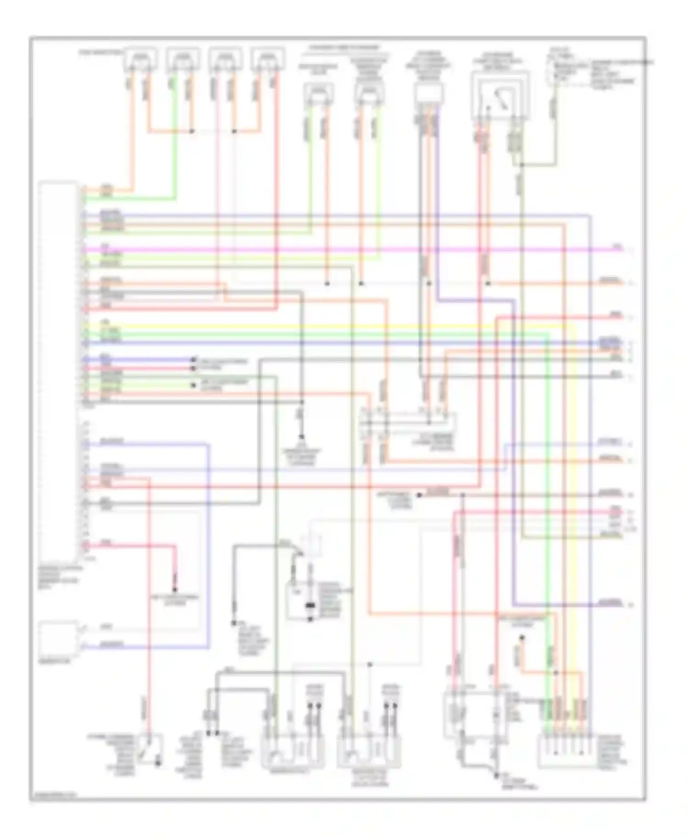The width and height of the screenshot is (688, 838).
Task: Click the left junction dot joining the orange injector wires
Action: pos(192,132)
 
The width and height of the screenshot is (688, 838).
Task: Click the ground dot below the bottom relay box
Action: pos(497,775)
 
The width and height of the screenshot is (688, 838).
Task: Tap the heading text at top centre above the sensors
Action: pos(344,48)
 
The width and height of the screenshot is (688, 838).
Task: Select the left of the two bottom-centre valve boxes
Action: pos(293,752)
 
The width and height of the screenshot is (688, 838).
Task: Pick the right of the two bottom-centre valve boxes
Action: pos(369,752)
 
